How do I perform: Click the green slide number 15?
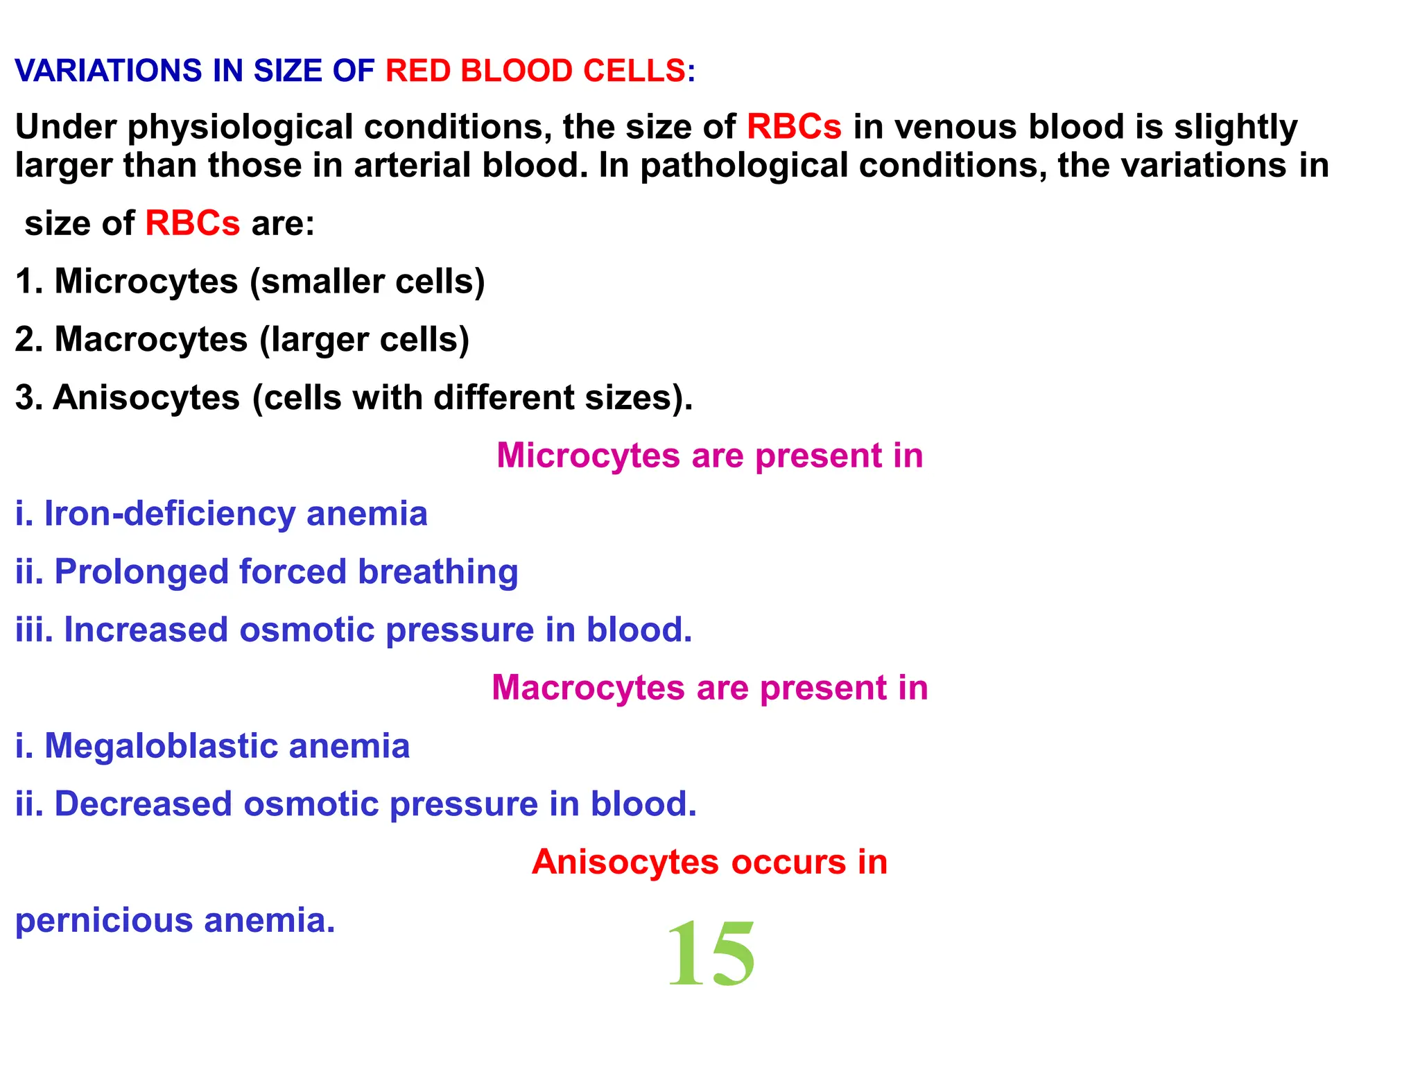coord(711,954)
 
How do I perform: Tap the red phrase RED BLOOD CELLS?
coord(535,71)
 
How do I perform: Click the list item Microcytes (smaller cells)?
coord(250,282)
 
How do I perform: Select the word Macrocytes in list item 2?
coord(150,340)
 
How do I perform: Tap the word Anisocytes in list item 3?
coord(146,398)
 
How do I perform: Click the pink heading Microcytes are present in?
coord(709,456)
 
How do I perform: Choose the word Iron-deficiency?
coord(169,514)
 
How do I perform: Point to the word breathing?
coord(438,573)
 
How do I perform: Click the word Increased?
coord(146,630)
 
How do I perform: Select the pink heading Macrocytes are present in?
coord(709,689)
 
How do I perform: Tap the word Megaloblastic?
coord(161,747)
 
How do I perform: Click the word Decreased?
coord(143,804)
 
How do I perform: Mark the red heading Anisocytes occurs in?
coord(709,863)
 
